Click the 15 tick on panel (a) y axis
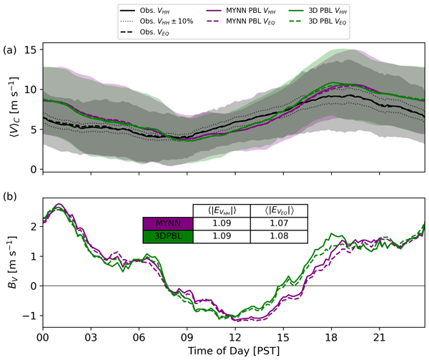(x=33, y=50)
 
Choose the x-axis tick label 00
(x=43, y=334)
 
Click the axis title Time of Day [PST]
(x=234, y=349)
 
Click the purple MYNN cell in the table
(x=168, y=223)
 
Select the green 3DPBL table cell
(x=168, y=237)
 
